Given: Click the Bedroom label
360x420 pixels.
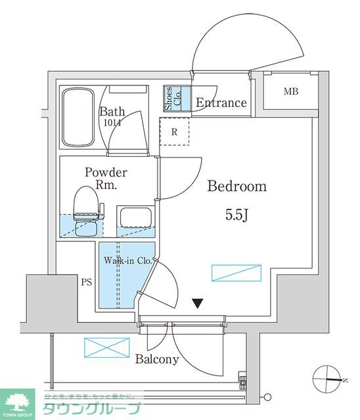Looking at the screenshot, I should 237,186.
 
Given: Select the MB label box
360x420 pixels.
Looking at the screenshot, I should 290,91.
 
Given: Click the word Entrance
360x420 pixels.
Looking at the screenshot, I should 221,103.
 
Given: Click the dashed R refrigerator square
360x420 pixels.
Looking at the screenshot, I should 174,131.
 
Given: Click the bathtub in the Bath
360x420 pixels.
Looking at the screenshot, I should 78,119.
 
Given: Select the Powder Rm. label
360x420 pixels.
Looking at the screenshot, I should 105,178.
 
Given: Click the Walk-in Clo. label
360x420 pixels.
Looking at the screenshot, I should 127,261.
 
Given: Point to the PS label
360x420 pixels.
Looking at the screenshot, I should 86,283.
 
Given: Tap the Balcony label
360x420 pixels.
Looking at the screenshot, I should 157,359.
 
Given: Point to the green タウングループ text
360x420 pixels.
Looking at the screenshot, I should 92,409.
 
